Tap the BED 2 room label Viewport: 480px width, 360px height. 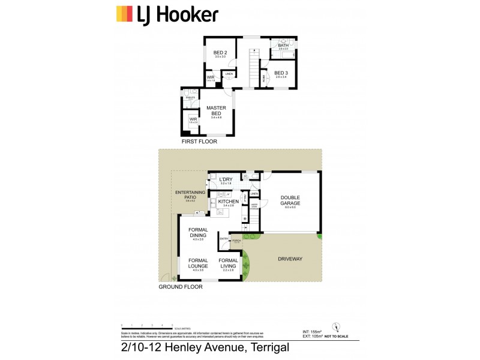pos(220,53)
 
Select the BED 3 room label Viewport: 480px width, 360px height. pos(281,73)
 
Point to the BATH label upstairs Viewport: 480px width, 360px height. pos(283,45)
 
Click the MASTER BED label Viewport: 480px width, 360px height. pos(216,110)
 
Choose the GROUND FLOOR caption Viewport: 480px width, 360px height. pos(180,287)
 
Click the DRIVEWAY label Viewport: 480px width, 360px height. pos(290,259)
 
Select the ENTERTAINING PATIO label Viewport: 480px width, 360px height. pos(190,194)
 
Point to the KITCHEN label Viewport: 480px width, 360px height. pos(228,201)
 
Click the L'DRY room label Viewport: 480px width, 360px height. pos(226,179)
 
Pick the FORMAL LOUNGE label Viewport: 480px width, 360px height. pos(198,263)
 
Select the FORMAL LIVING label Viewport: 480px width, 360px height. pos(229,263)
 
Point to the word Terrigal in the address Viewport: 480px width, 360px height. pos(262,347)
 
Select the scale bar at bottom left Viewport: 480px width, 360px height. pos(147,327)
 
